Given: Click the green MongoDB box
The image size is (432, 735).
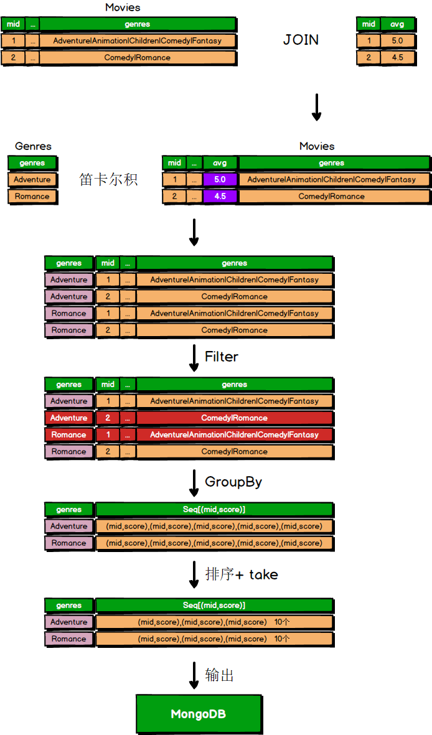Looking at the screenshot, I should click(198, 714).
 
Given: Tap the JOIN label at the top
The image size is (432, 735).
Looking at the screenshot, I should click(301, 40).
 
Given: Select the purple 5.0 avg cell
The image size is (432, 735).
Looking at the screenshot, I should click(220, 179).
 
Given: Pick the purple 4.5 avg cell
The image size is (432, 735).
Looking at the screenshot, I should click(220, 196).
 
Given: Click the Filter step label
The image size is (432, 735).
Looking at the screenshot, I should click(222, 357).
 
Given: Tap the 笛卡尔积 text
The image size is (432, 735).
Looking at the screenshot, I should click(108, 179).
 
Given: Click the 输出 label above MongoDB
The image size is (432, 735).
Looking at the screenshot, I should click(220, 675).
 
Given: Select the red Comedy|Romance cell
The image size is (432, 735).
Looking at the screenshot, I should click(234, 418).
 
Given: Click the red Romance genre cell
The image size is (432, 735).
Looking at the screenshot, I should click(68, 435).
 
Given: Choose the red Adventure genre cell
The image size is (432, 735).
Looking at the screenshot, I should click(68, 418).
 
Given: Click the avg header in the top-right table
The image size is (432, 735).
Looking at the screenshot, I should click(397, 24).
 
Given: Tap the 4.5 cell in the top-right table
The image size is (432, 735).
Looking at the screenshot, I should click(397, 57).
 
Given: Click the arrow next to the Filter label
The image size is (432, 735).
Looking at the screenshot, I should click(194, 358).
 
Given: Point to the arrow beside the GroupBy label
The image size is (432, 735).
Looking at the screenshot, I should click(194, 483).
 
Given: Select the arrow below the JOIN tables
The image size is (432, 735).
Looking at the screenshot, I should click(316, 106).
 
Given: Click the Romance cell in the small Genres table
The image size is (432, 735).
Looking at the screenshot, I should click(32, 196).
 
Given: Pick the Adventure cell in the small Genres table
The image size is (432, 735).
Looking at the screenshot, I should click(32, 179).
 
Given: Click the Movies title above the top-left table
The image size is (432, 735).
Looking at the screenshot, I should click(123, 7).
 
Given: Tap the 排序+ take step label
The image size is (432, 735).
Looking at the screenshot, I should click(242, 574).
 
